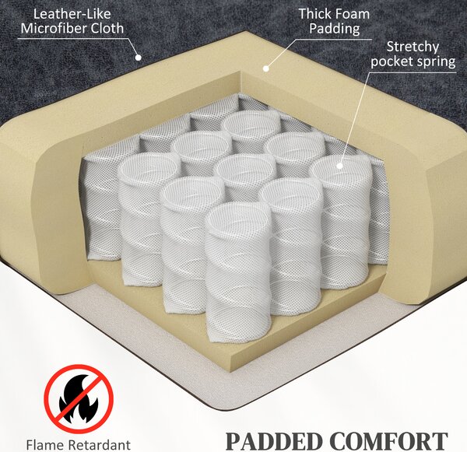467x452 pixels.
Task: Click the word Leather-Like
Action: point(72,14)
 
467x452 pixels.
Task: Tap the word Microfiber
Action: point(54,29)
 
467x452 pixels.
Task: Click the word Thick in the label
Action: point(314,14)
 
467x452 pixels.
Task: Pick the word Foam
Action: point(352,14)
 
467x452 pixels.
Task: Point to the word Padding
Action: point(335,30)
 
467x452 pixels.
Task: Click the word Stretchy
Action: point(413,47)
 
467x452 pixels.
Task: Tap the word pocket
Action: point(391,61)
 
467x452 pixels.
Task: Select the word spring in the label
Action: point(435,62)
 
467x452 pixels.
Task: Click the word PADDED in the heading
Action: point(274,441)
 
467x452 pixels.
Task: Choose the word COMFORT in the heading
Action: point(388,441)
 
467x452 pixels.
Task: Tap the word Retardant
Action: point(99,445)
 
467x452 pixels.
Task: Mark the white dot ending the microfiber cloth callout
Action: point(138,57)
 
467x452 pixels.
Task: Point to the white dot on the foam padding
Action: point(266,68)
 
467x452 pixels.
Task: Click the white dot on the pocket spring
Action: point(340,166)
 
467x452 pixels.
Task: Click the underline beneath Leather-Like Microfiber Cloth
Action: point(71,38)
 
